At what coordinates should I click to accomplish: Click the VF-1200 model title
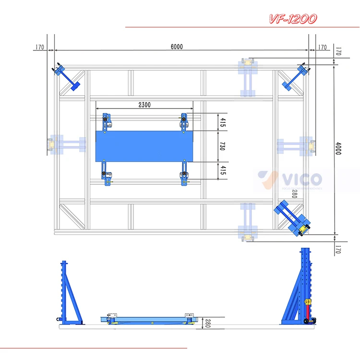click(292, 19)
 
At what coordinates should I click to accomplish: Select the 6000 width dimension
click(177, 47)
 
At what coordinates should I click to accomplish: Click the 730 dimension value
click(222, 146)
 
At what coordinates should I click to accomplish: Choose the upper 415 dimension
click(222, 122)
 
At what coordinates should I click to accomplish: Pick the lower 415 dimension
click(222, 170)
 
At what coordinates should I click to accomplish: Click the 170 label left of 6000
click(39, 47)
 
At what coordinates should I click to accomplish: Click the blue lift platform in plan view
click(144, 146)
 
